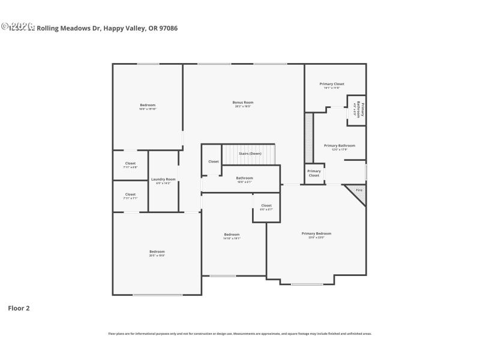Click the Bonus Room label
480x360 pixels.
(x=243, y=103)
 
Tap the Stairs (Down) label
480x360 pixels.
(x=250, y=154)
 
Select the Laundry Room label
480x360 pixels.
(x=163, y=179)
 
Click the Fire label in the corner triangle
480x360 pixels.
(x=359, y=190)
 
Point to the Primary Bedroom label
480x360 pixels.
(x=316, y=233)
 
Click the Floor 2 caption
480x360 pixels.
(x=19, y=308)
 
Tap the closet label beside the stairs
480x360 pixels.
(x=214, y=161)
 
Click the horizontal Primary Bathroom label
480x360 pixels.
(x=340, y=146)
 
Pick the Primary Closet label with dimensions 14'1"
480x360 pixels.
(x=332, y=84)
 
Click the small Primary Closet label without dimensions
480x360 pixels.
(x=314, y=173)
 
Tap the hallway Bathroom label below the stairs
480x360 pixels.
(x=244, y=178)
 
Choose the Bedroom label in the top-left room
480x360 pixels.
(x=148, y=105)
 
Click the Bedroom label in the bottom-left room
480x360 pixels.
(x=157, y=251)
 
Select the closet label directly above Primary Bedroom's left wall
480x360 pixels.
(x=266, y=206)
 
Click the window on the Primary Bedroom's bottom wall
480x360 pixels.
(x=307, y=284)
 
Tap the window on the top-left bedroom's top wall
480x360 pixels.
(x=148, y=64)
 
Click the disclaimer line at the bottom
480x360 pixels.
(x=240, y=334)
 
